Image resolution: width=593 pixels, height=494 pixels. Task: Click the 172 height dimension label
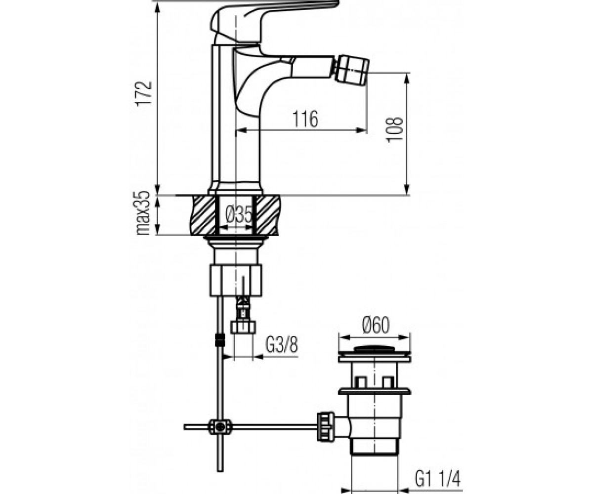144,94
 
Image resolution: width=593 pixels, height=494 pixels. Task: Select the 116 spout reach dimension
305,119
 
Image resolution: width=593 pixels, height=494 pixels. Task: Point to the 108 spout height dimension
395,128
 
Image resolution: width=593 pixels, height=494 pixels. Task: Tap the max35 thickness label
143,213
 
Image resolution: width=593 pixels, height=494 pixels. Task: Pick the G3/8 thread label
282,345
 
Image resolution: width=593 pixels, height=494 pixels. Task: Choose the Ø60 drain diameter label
376,326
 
